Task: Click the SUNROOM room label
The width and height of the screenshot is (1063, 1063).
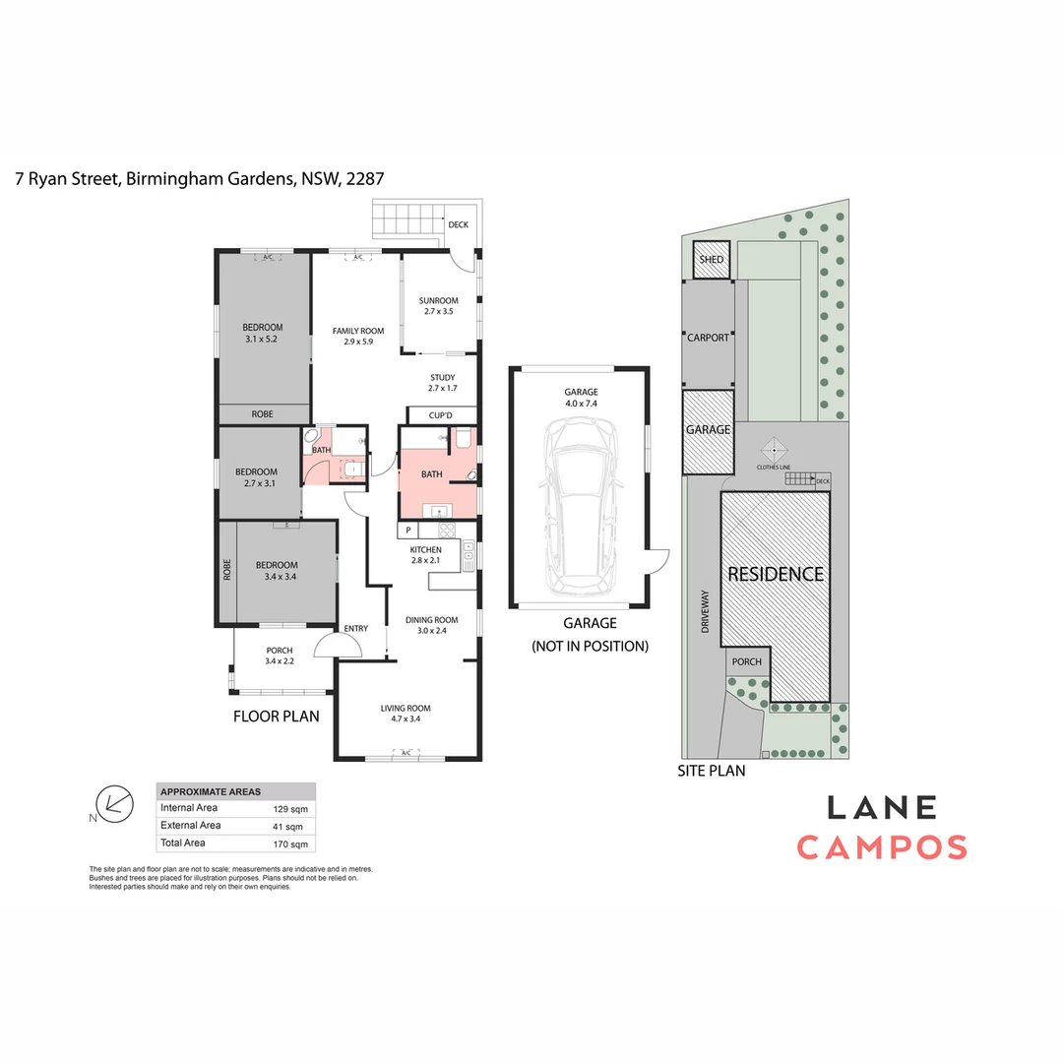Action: tap(439, 301)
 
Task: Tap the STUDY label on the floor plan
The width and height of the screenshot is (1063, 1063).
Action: tap(442, 378)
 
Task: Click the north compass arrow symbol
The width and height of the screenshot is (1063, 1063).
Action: tap(116, 804)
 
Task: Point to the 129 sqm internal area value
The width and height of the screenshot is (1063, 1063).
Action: tap(290, 808)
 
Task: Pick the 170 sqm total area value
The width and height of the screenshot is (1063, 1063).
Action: tap(290, 844)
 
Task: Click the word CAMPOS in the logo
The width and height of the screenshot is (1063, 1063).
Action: tap(881, 846)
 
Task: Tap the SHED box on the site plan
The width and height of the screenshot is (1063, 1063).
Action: tap(711, 260)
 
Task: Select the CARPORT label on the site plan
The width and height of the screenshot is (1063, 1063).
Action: tap(708, 338)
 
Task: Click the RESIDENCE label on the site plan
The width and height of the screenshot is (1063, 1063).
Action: tap(775, 574)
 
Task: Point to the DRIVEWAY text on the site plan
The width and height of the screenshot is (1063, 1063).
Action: tap(705, 610)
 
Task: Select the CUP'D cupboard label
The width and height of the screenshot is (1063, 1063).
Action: tap(441, 415)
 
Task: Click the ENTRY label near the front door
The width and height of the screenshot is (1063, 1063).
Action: tap(355, 629)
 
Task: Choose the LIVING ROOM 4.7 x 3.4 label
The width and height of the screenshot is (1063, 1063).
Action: tap(406, 714)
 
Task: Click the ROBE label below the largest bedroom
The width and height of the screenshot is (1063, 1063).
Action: tap(262, 414)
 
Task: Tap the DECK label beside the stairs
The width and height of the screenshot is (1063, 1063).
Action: tap(458, 224)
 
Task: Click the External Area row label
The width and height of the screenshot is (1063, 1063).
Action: tap(190, 826)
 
